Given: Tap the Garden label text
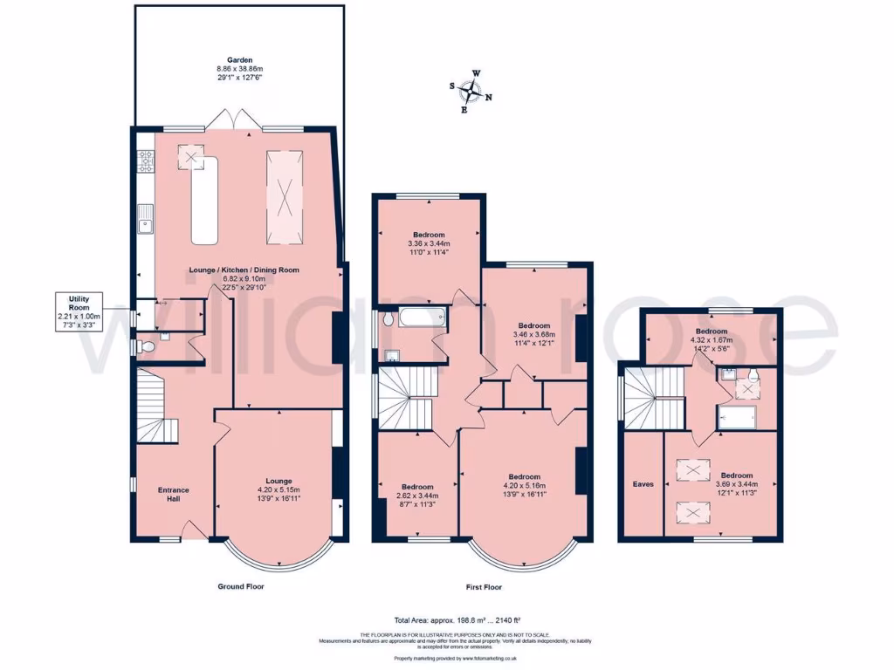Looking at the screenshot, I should [x=240, y=68].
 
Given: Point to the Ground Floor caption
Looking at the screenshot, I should [x=240, y=587].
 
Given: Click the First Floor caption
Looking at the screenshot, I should [x=482, y=587].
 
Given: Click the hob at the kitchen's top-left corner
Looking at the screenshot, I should [x=145, y=160].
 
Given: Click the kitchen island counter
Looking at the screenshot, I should [x=201, y=201].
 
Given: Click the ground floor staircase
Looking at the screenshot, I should [x=157, y=406].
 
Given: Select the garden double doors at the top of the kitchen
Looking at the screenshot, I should [x=230, y=120].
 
